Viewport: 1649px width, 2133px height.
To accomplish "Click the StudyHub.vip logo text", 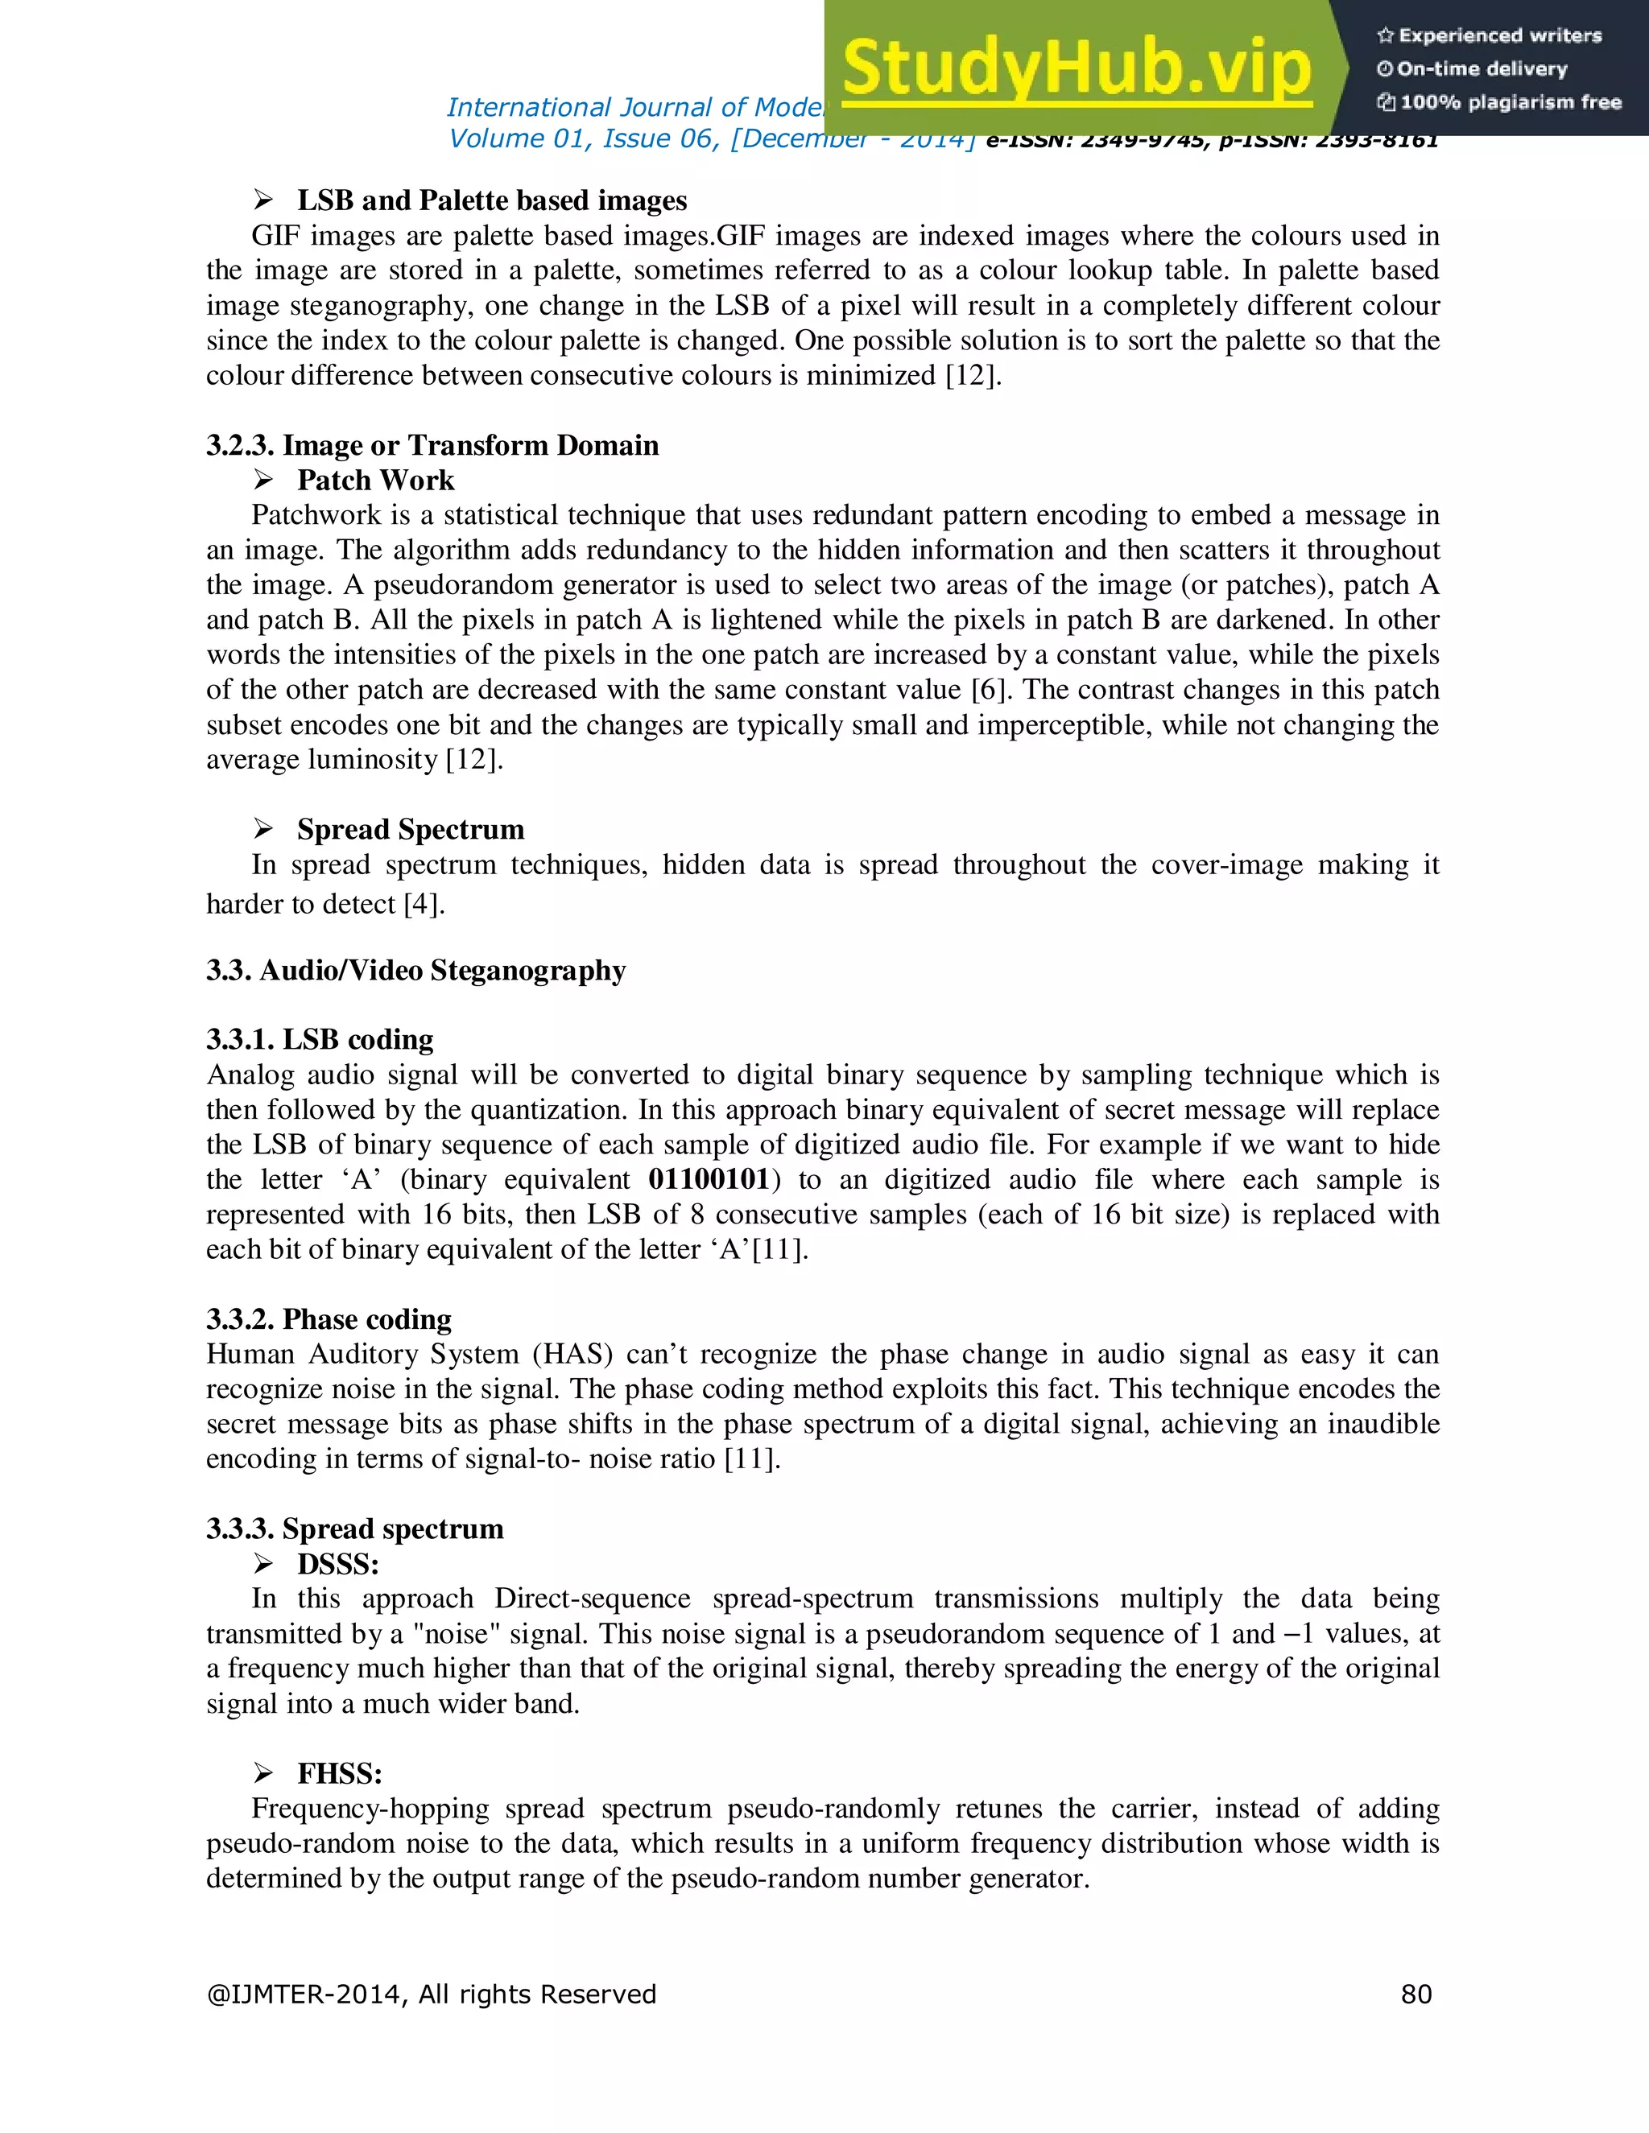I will pos(1076,68).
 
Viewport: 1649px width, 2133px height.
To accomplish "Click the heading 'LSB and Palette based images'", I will pos(491,200).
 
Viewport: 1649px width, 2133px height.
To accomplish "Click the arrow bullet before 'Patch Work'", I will pos(262,480).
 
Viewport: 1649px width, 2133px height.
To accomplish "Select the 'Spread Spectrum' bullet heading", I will pos(411,829).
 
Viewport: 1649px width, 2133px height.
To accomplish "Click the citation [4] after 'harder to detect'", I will pos(422,905).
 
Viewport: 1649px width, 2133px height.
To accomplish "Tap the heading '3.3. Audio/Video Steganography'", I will pos(415,970).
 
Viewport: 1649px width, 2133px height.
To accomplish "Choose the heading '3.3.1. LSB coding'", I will pos(320,1039).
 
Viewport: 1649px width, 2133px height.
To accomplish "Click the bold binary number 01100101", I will pos(709,1179).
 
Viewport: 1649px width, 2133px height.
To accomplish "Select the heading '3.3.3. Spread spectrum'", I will pos(354,1529).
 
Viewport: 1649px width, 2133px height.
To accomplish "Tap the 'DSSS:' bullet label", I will pos(338,1564).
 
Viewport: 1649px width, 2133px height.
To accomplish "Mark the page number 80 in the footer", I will pos(1415,1995).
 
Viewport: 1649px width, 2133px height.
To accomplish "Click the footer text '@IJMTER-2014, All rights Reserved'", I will pos(431,1995).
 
